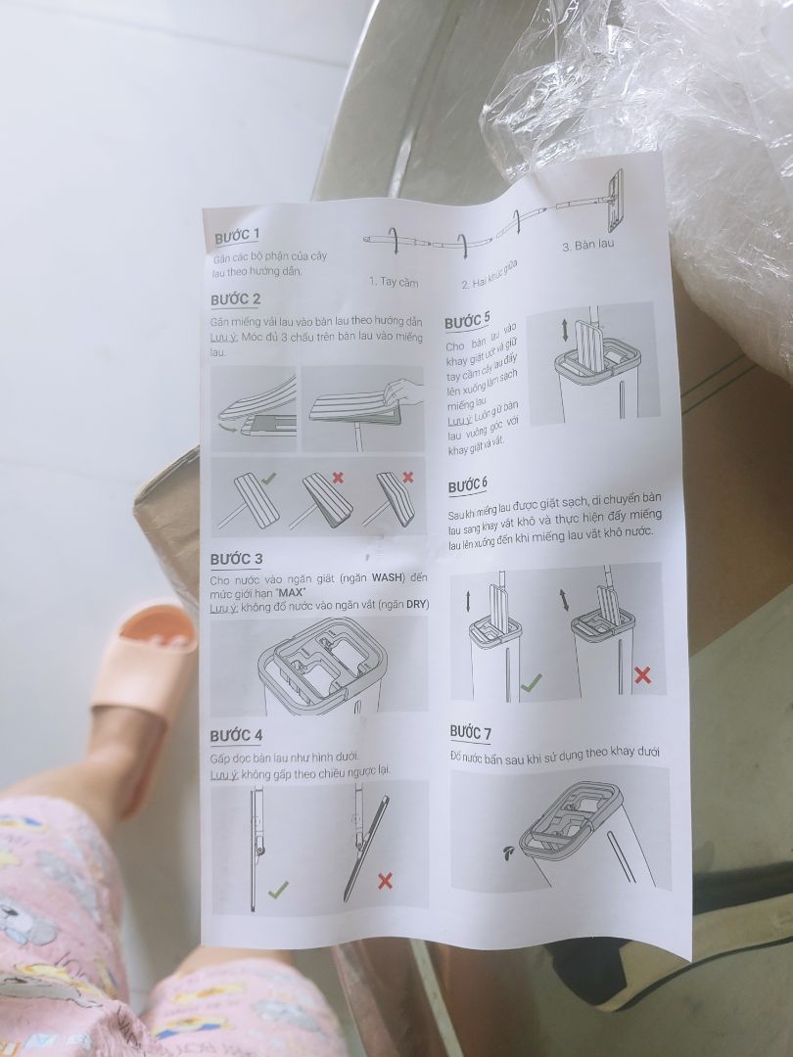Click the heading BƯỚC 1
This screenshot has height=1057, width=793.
point(237,237)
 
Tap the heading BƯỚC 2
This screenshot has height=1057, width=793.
point(235,299)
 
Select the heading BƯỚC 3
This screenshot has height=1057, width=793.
point(236,559)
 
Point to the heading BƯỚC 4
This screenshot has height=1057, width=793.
point(236,734)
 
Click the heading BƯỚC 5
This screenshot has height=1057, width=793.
point(468,321)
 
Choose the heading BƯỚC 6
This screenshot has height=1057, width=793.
point(468,486)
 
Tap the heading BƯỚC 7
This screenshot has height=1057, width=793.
point(471,732)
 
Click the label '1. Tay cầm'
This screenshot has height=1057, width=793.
point(394,282)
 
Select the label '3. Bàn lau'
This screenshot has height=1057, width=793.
point(587,244)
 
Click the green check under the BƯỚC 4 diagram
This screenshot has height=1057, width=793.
point(279,889)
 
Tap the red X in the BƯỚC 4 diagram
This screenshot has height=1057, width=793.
point(385,881)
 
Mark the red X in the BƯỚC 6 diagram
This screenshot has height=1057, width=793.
point(642,674)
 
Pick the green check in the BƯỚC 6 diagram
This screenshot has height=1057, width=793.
point(531,683)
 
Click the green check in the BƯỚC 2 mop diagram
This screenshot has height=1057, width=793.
point(269,478)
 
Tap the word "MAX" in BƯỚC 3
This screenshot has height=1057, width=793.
point(291,593)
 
